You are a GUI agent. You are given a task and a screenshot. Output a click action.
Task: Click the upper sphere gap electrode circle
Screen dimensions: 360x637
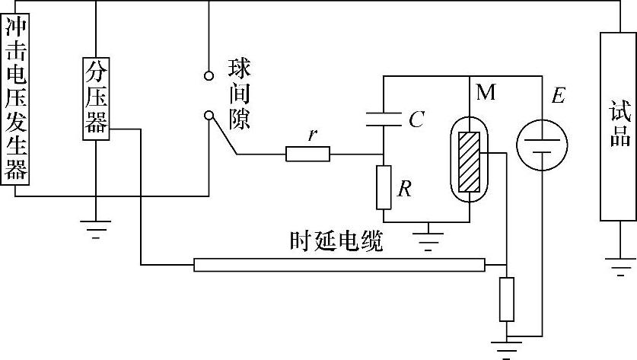tap(209, 76)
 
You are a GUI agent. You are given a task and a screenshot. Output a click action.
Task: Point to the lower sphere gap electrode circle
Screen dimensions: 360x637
tap(209, 115)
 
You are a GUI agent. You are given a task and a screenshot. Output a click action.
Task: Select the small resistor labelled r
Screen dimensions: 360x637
tap(307, 155)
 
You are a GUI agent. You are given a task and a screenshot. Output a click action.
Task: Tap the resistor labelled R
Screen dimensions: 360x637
tap(384, 187)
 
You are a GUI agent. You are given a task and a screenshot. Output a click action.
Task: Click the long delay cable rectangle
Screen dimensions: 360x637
tap(339, 265)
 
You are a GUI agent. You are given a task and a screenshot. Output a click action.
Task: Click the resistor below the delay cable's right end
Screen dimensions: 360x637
tap(506, 299)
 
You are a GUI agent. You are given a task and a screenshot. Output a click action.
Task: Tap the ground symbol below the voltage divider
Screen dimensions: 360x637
tap(95, 227)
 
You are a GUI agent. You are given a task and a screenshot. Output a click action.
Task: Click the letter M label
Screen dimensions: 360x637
tap(486, 94)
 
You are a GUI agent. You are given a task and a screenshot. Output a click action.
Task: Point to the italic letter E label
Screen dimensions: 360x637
tap(559, 96)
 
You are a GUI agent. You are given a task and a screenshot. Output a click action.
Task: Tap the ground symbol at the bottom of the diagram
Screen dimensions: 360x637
tap(505, 349)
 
